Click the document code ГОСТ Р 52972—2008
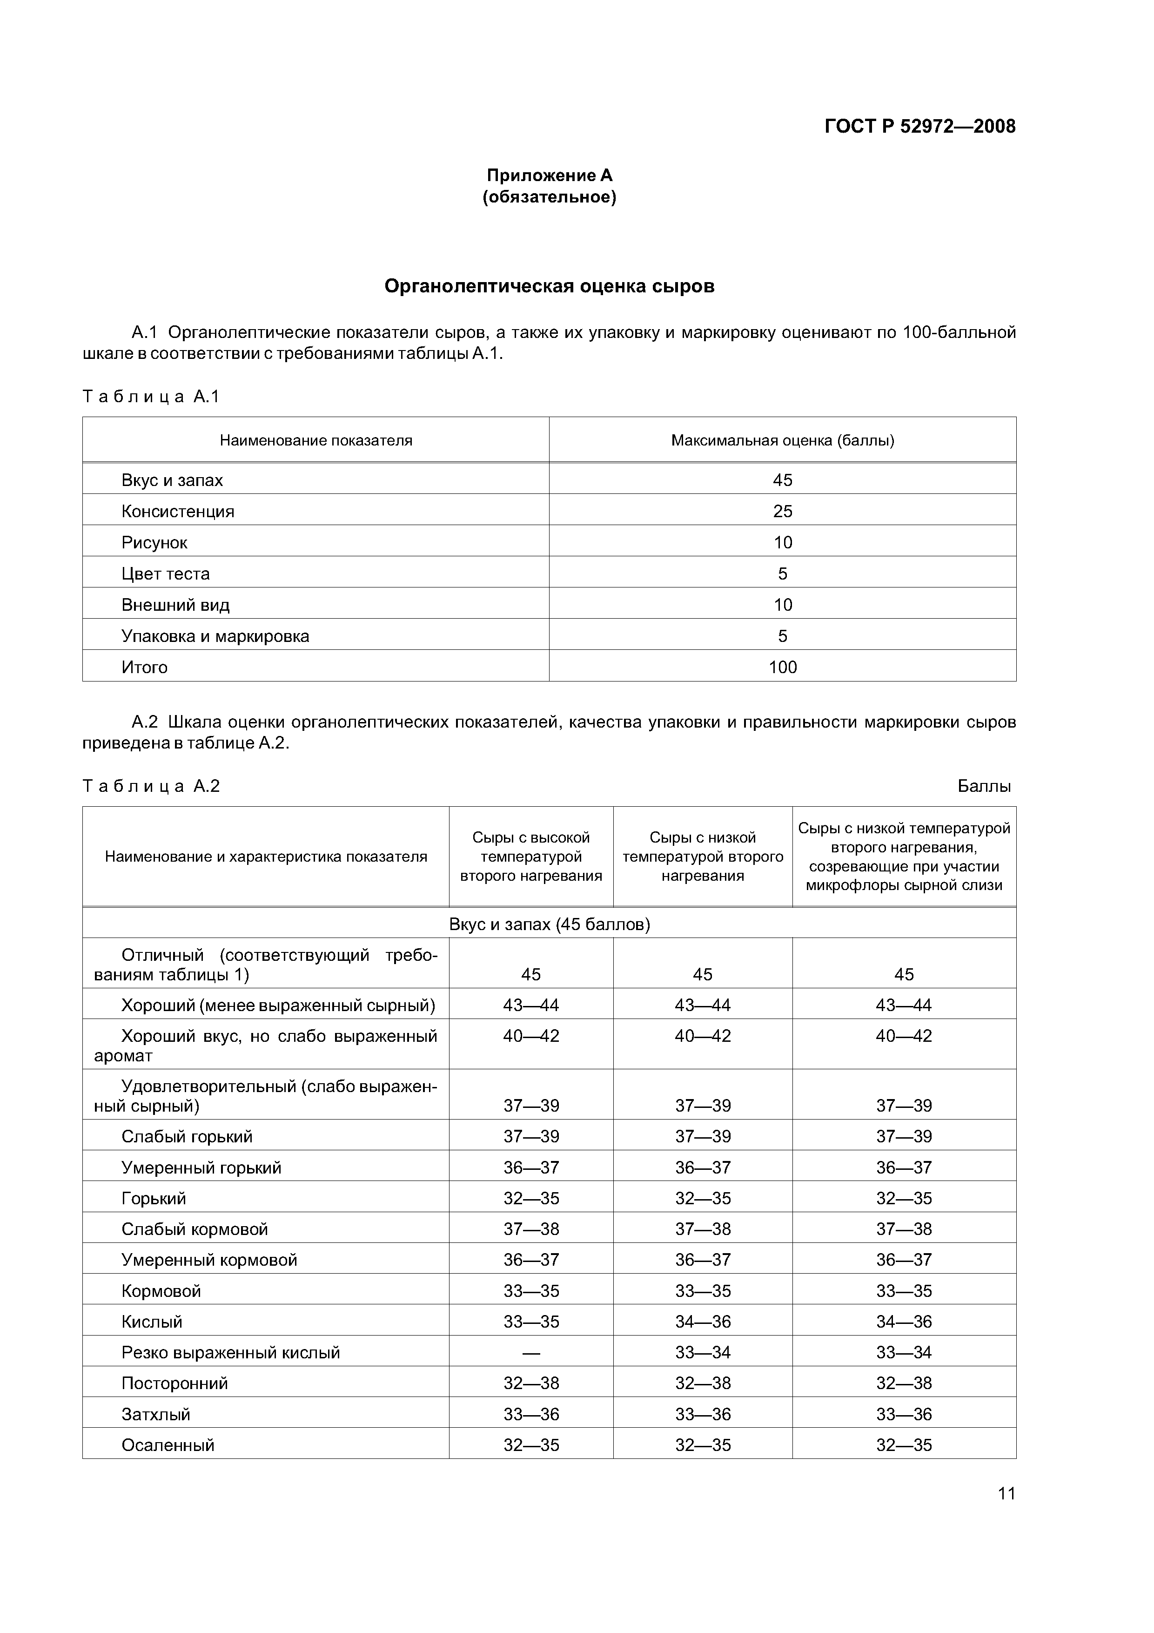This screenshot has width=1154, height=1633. [919, 127]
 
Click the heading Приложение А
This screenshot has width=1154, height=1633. [549, 175]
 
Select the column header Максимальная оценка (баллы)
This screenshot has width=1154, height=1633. [782, 440]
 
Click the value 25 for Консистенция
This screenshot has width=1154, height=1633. [782, 512]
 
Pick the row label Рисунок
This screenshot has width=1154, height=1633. [154, 543]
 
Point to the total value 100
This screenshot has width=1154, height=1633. [782, 667]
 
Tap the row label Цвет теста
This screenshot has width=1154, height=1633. [165, 574]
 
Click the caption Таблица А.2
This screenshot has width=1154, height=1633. [151, 786]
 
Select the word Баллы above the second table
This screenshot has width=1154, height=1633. [983, 786]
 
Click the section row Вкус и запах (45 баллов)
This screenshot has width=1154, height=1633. [549, 924]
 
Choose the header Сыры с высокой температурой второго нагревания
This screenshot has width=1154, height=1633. [530, 857]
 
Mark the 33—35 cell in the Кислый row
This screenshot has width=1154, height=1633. [530, 1322]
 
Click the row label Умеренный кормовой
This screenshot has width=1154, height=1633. [209, 1260]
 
